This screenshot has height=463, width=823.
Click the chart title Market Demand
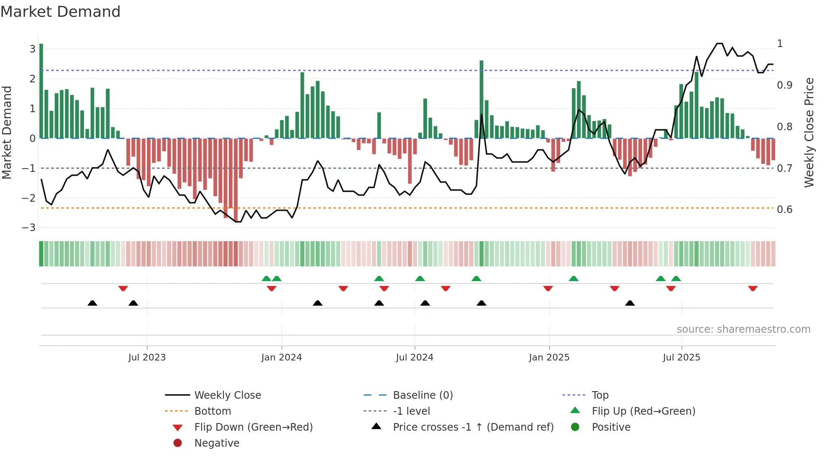click(60, 12)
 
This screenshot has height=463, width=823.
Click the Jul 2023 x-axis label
click(147, 358)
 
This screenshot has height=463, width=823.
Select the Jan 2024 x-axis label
click(281, 358)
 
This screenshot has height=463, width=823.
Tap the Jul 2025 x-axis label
click(681, 358)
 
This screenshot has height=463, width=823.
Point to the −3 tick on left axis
click(29, 228)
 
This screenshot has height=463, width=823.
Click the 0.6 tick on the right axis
click(784, 210)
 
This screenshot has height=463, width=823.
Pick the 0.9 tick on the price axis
click(784, 85)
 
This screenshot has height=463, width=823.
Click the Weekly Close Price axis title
click(809, 132)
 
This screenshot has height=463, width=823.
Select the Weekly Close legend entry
click(227, 395)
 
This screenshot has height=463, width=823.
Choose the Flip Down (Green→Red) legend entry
click(253, 427)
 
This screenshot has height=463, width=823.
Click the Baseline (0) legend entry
click(422, 395)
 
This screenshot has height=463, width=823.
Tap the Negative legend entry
click(217, 443)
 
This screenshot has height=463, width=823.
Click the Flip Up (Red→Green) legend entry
click(643, 411)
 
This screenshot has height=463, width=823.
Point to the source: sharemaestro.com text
click(743, 329)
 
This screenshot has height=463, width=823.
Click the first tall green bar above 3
click(41, 91)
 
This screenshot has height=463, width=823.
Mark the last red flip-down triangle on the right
click(752, 289)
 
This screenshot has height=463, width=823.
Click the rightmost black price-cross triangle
click(630, 303)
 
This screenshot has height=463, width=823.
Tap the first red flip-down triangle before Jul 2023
click(123, 289)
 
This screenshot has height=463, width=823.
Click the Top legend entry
click(600, 395)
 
